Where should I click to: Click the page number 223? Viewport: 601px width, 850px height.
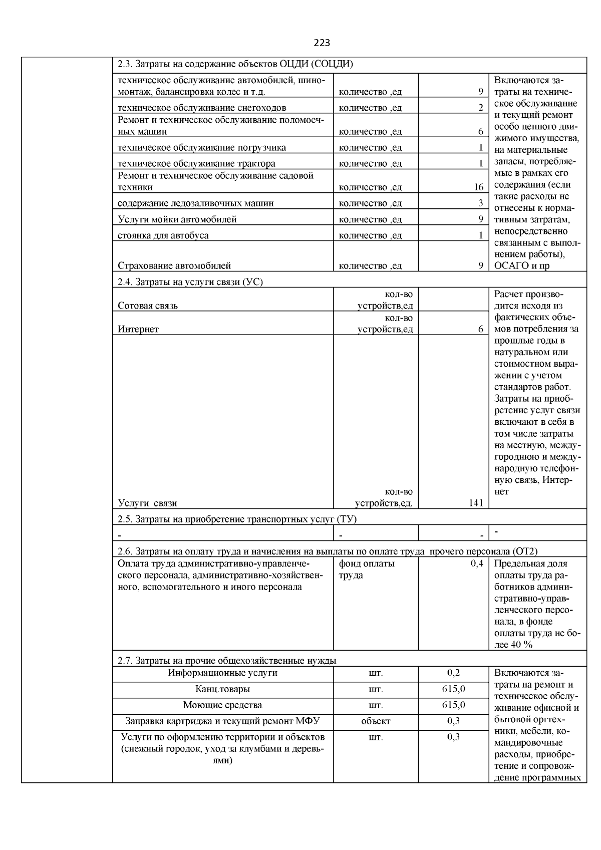pyautogui.click(x=322, y=43)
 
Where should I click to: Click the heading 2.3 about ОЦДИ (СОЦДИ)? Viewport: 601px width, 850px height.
pyautogui.click(x=235, y=64)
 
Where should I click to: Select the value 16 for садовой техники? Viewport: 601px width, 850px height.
pyautogui.click(x=478, y=187)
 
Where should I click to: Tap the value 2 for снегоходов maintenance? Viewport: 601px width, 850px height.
pyautogui.click(x=480, y=107)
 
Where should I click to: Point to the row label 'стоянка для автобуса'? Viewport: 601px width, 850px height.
pyautogui.click(x=163, y=235)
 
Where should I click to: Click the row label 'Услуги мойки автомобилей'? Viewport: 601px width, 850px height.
pyautogui.click(x=177, y=219)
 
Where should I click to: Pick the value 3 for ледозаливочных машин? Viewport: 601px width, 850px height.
pyautogui.click(x=480, y=203)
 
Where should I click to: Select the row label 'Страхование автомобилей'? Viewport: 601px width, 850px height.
pyautogui.click(x=174, y=266)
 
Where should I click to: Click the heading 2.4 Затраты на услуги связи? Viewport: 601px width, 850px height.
pyautogui.click(x=190, y=282)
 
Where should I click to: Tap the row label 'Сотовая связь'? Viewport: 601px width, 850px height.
pyautogui.click(x=148, y=306)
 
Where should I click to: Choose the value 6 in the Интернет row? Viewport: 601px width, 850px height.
pyautogui.click(x=480, y=329)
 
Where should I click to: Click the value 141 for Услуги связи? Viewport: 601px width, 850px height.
pyautogui.click(x=476, y=503)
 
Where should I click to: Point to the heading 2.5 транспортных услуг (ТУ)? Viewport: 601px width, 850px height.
pyautogui.click(x=237, y=519)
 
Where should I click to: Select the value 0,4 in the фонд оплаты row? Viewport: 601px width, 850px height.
pyautogui.click(x=477, y=564)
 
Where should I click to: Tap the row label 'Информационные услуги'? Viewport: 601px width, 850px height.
pyautogui.click(x=222, y=673)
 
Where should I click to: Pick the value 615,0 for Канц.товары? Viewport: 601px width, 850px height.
pyautogui.click(x=453, y=689)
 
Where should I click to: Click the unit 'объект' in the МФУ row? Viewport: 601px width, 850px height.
pyautogui.click(x=376, y=721)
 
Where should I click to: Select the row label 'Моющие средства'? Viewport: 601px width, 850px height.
pyautogui.click(x=222, y=705)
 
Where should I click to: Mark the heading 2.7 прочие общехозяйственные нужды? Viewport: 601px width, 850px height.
pyautogui.click(x=227, y=661)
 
